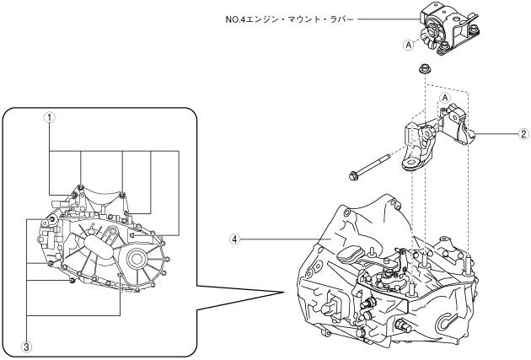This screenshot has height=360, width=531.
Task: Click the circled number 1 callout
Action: [50, 117]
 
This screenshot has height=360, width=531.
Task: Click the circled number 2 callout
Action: [523, 134]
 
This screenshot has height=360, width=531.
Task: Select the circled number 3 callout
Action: [26, 347]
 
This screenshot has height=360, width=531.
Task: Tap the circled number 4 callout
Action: [234, 239]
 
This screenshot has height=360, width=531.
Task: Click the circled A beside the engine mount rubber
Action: [409, 45]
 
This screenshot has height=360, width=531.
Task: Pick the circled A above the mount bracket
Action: [445, 98]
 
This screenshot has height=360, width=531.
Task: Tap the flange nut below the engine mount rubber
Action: [423, 69]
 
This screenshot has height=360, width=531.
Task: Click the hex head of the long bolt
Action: [353, 175]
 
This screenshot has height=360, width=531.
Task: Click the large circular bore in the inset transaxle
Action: [137, 259]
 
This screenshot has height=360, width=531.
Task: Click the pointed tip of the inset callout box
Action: [283, 293]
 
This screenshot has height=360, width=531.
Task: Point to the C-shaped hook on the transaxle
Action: [448, 323]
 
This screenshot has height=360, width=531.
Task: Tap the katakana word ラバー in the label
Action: [341, 19]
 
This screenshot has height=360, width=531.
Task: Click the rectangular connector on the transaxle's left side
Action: [333, 304]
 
